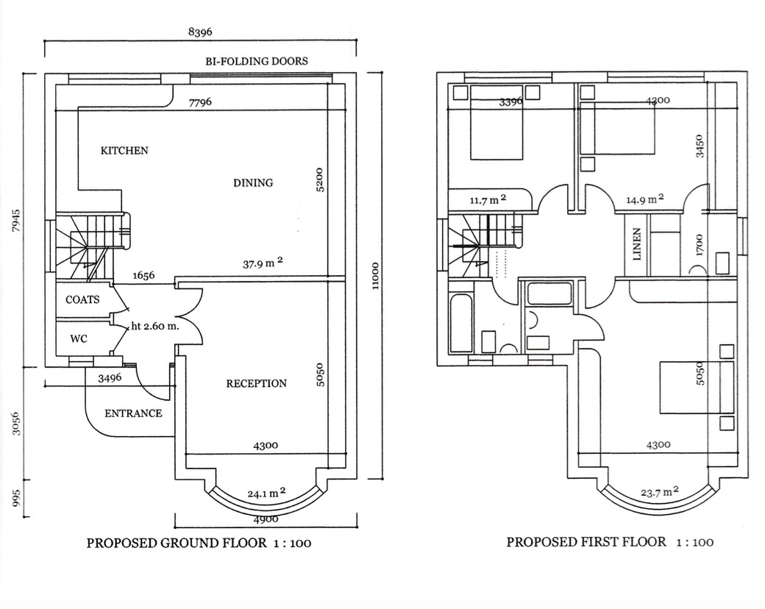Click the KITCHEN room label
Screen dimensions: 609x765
click(124, 151)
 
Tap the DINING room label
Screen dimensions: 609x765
click(253, 183)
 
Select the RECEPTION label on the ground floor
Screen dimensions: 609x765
click(256, 384)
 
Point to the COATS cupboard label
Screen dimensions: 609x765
click(82, 300)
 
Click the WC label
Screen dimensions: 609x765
click(79, 340)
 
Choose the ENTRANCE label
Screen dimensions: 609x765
click(133, 413)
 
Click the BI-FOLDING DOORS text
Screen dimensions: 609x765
click(256, 61)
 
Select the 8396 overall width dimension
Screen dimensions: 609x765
click(201, 32)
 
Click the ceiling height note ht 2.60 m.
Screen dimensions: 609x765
click(155, 327)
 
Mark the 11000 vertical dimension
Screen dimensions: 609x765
click(376, 277)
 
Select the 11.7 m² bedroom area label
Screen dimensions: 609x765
click(488, 199)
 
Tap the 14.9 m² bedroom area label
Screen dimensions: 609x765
click(645, 199)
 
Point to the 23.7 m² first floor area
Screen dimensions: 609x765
click(658, 493)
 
